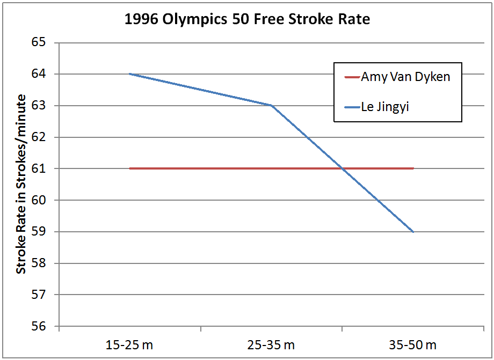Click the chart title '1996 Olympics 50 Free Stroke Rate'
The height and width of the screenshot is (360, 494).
246,19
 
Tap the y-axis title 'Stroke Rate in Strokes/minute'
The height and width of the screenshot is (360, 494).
21,184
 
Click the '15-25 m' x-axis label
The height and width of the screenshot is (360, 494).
129,344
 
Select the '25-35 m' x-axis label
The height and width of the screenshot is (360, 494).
271,344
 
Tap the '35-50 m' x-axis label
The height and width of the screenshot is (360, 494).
413,344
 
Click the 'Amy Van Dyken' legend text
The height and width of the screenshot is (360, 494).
405,77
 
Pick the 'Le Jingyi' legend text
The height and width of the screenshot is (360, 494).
386,107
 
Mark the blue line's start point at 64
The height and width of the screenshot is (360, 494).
130,74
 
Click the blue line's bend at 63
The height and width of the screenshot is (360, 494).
272,105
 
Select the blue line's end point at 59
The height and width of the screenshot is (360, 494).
413,232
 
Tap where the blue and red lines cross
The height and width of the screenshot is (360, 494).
342,168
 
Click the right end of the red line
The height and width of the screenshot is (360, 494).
413,168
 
